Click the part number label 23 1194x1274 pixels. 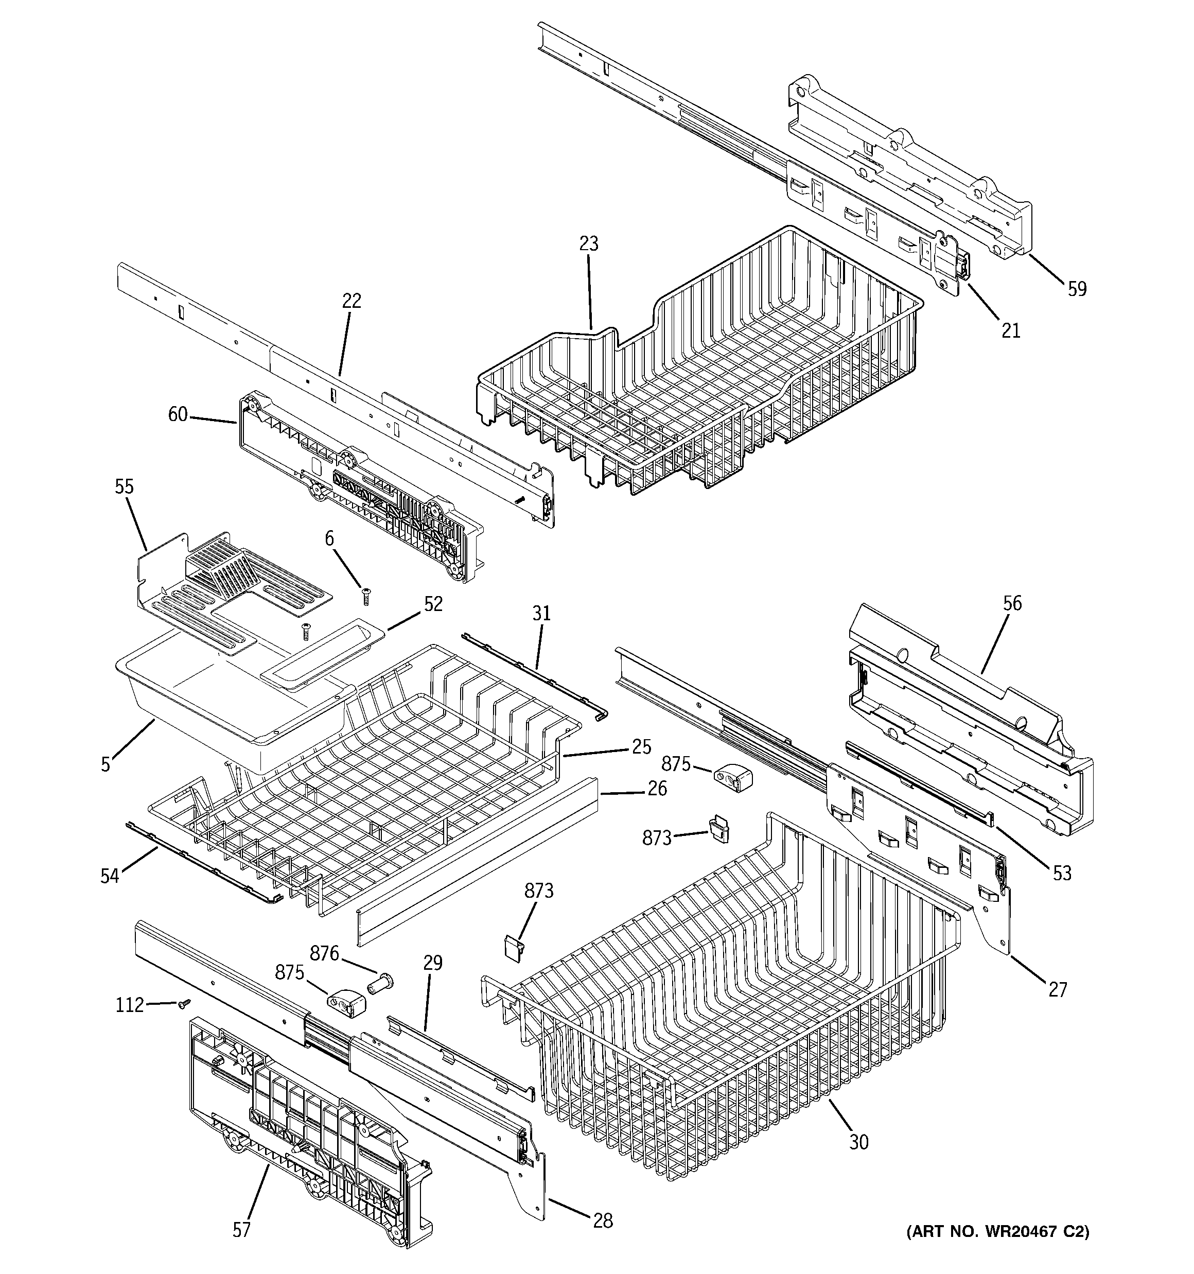(588, 243)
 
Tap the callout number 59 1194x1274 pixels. (1077, 289)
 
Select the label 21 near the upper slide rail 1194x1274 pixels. (1010, 330)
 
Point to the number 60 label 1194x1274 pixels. (178, 414)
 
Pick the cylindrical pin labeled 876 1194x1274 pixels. (381, 981)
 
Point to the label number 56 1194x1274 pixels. (1012, 603)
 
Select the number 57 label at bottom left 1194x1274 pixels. (241, 1230)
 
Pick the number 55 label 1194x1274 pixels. (125, 487)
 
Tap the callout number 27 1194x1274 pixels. (1058, 990)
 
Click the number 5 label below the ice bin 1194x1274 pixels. (105, 764)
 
